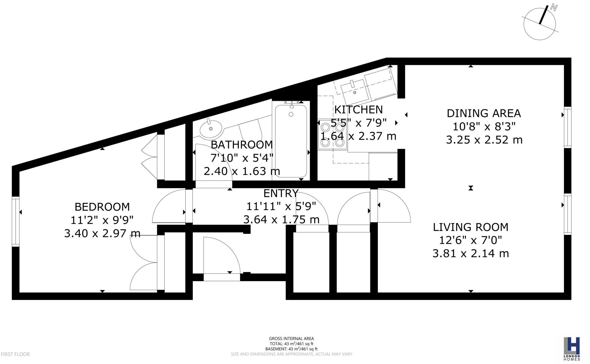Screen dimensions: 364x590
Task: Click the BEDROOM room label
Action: pyautogui.click(x=102, y=207)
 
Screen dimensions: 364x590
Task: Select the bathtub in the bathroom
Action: pyautogui.click(x=291, y=141)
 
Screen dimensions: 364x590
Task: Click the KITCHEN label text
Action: pyautogui.click(x=358, y=110)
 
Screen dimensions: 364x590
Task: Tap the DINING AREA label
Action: pyautogui.click(x=484, y=113)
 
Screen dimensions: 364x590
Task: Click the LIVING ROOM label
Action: pyautogui.click(x=470, y=227)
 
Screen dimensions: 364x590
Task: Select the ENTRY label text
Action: pyautogui.click(x=281, y=194)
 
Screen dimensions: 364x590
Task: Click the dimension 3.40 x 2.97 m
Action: pyautogui.click(x=102, y=233)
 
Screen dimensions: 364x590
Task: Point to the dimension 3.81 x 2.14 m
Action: pyautogui.click(x=470, y=254)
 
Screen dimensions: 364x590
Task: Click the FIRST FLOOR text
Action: pyautogui.click(x=16, y=354)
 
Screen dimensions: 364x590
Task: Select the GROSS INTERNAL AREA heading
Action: pyautogui.click(x=291, y=339)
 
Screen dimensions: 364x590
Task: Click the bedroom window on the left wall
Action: pyautogui.click(x=16, y=221)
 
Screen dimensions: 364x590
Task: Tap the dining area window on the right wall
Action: pyautogui.click(x=567, y=127)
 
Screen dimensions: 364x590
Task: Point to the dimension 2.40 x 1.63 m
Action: pyautogui.click(x=242, y=171)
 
